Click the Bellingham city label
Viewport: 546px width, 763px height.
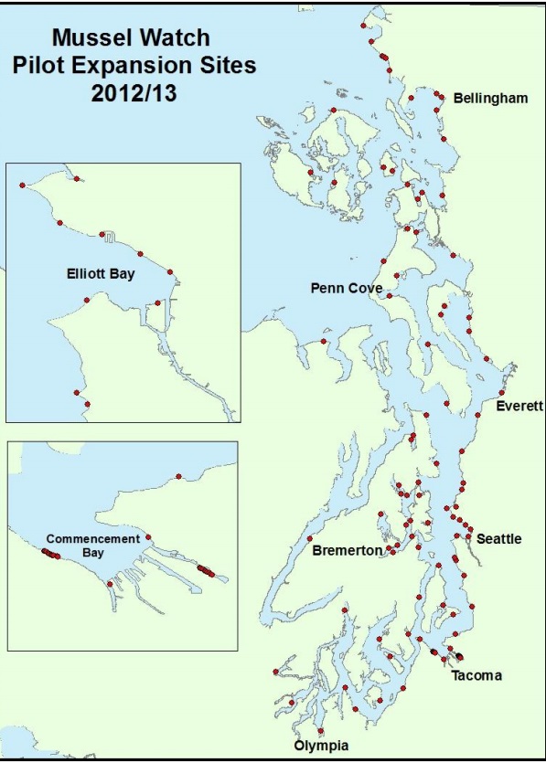click(490, 98)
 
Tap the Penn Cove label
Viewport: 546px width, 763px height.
click(346, 289)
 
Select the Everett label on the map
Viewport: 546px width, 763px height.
click(519, 406)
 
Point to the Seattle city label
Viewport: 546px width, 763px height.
click(499, 539)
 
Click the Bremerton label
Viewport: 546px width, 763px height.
click(348, 551)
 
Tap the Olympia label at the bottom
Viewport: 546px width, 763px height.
click(320, 747)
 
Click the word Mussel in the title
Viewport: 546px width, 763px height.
click(90, 38)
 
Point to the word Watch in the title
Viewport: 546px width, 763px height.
click(178, 38)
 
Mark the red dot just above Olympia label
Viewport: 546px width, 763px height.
click(321, 731)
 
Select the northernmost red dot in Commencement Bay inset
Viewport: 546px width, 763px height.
click(179, 475)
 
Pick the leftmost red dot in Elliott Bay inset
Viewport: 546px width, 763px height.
click(21, 185)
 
